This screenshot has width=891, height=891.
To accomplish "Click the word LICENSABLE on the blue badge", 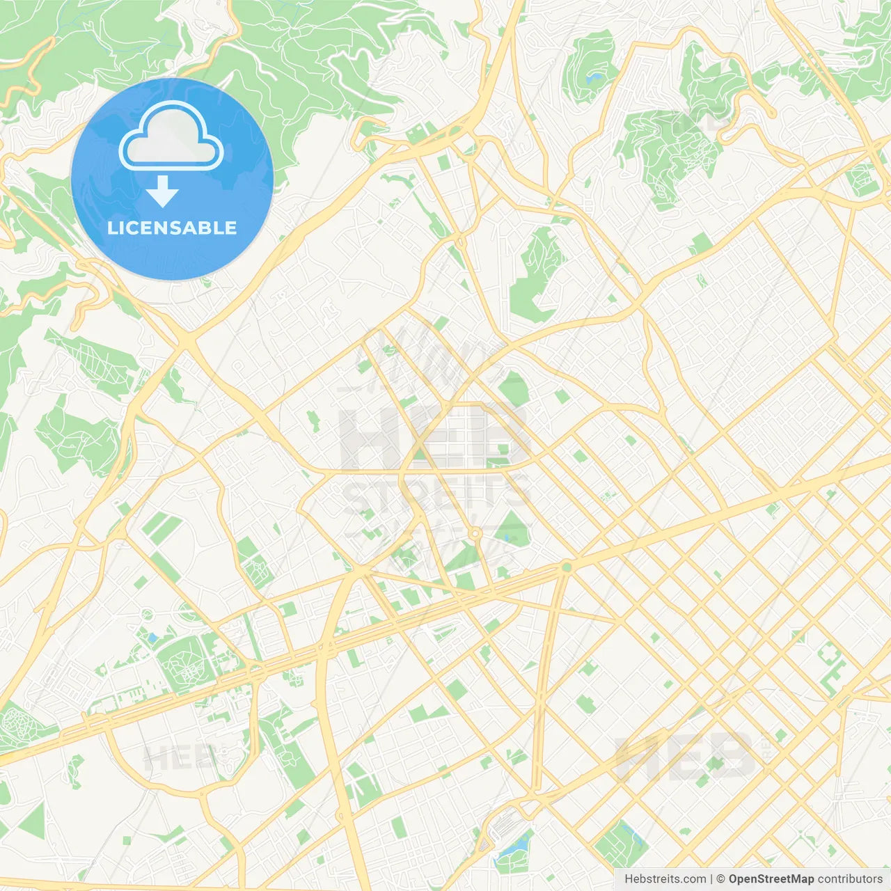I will tap(172, 228).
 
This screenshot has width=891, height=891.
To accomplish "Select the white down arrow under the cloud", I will tap(162, 192).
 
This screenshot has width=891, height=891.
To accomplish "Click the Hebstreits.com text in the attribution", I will tap(665, 879).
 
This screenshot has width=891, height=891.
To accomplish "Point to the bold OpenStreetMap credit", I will tap(771, 879).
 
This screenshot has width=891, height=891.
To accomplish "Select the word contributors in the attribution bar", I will tap(850, 879).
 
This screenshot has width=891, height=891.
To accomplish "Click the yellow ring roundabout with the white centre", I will tap(475, 534).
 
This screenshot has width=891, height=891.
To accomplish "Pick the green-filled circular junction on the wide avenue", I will tap(567, 567).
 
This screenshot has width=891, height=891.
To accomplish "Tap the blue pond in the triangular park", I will tap(506, 537).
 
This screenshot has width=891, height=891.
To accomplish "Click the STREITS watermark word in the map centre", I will tap(437, 493).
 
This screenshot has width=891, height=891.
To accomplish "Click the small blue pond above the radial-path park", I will tap(152, 637).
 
